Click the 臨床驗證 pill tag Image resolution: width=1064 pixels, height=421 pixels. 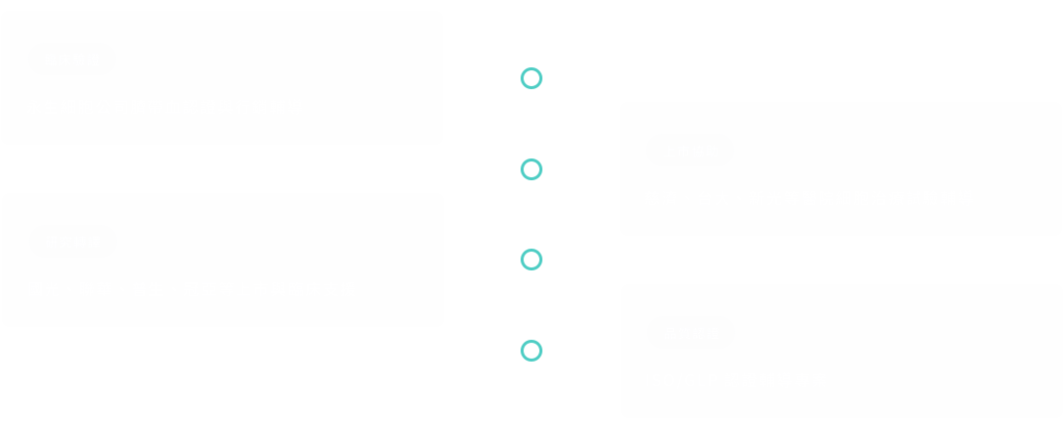coord(72,59)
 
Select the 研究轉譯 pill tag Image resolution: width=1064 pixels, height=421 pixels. coord(72,242)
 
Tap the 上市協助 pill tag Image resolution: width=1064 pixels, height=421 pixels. coord(690,151)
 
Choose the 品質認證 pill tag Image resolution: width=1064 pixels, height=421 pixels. coord(690,333)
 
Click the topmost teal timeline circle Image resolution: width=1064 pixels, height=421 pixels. coord(532,78)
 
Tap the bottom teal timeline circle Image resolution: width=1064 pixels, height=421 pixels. coord(532,351)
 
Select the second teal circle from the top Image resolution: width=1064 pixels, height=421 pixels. coord(532,169)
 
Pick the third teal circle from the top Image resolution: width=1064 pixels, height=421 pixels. coord(532,260)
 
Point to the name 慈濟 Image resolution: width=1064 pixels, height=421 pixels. coord(661,198)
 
